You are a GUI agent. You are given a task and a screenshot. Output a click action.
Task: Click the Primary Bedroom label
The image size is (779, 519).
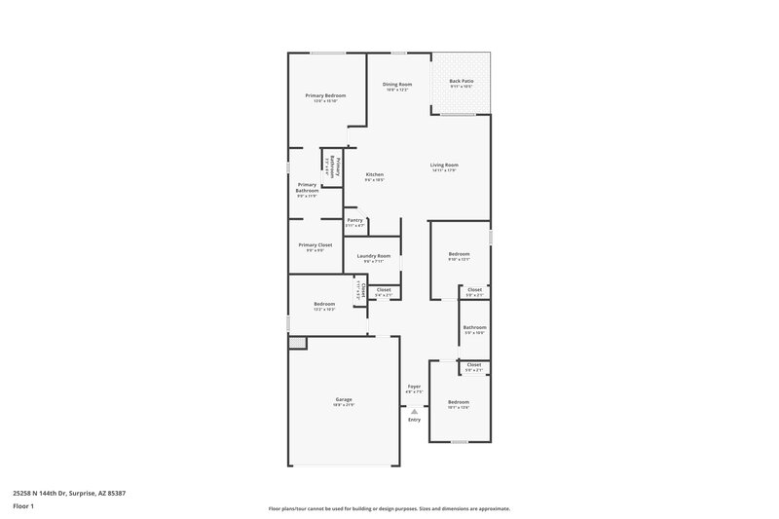click(325, 95)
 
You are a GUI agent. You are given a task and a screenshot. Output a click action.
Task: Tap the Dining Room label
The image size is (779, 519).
click(398, 85)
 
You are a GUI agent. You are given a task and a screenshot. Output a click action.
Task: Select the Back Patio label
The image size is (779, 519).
click(462, 81)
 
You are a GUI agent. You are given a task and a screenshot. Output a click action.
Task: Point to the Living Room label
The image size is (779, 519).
click(444, 165)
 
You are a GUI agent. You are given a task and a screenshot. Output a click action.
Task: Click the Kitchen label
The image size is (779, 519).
click(375, 175)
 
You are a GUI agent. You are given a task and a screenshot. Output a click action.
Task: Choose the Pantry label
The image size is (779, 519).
click(354, 220)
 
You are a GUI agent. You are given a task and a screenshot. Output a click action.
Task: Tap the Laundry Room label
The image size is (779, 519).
click(374, 256)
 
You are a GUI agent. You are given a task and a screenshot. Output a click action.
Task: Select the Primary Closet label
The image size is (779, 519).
click(315, 245)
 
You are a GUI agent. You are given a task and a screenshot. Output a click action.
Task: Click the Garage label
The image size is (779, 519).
click(345, 399)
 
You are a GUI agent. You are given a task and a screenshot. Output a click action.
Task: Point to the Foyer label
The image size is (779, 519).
click(414, 387)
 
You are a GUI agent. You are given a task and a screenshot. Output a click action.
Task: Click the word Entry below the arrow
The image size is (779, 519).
click(414, 420)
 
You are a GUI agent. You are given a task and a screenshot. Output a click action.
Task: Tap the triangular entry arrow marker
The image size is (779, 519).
click(414, 411)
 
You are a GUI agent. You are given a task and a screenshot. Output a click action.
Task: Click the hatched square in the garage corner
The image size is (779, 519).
click(297, 342)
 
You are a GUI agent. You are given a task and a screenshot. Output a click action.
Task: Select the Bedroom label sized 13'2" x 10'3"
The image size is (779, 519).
click(324, 304)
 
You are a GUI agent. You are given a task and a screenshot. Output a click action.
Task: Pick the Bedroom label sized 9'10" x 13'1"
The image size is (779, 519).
click(459, 254)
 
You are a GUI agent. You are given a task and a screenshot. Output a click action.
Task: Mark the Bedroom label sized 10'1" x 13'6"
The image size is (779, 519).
click(459, 402)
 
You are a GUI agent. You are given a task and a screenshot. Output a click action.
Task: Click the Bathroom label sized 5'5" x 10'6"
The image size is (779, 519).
click(474, 327)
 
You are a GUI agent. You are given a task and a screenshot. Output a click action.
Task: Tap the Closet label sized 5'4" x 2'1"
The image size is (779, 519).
click(383, 289)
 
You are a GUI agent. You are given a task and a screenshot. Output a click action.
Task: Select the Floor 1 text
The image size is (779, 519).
click(22, 507)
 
